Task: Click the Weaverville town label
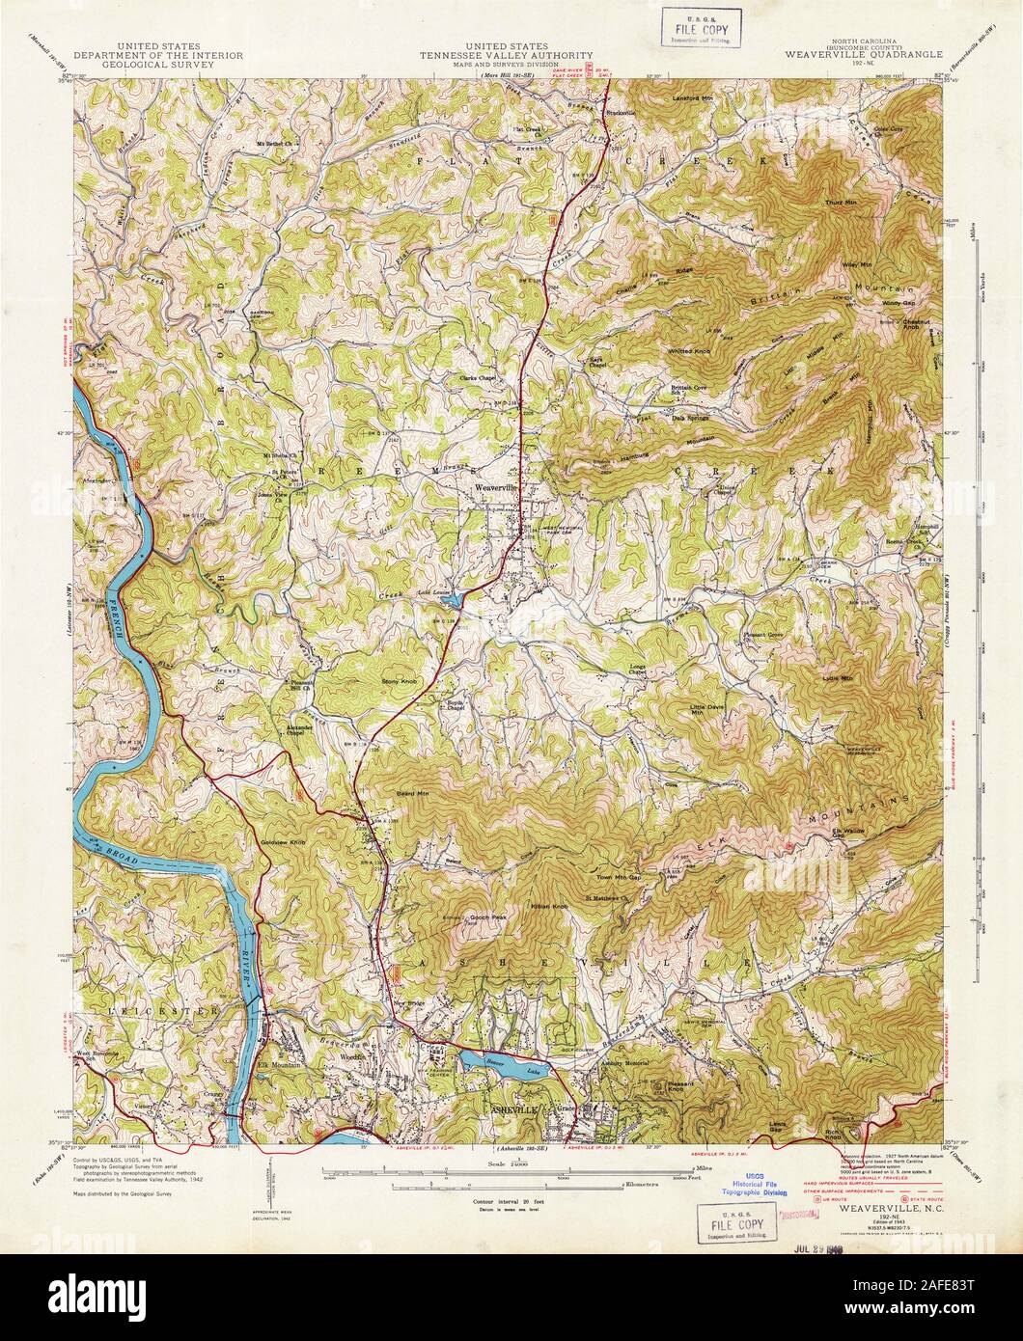[497, 488]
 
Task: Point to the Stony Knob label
[401, 681]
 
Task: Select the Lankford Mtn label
[693, 98]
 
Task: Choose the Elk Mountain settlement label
[280, 1064]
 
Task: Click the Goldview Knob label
[283, 842]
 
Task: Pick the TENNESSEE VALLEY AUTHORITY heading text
[506, 56]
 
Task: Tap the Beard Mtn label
[412, 793]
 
